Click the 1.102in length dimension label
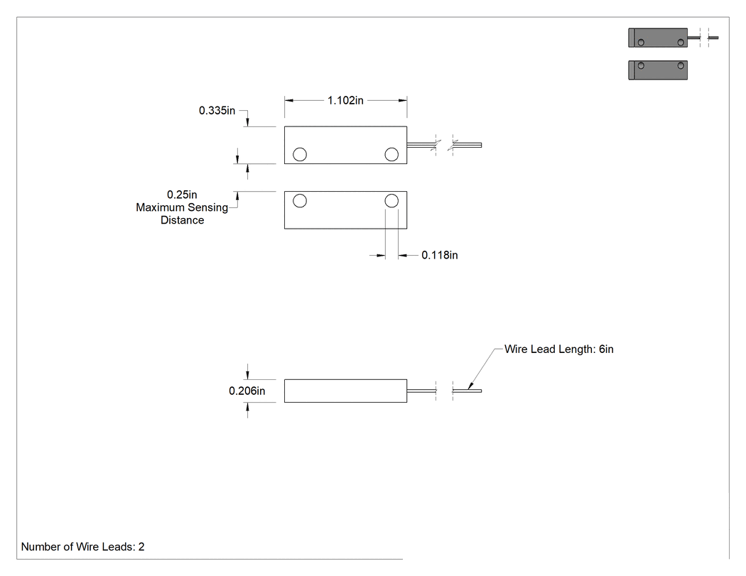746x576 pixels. [345, 100]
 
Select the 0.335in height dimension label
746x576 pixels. [217, 110]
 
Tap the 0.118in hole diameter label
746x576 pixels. [440, 255]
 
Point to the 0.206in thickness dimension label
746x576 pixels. [247, 391]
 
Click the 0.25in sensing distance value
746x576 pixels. [182, 195]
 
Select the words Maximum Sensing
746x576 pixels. [182, 207]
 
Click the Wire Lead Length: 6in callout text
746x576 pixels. [559, 349]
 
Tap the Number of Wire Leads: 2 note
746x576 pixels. [83, 546]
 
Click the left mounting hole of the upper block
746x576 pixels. [300, 154]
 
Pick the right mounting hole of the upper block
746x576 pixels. [391, 154]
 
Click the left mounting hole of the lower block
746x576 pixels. [300, 201]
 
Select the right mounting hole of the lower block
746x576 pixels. [391, 201]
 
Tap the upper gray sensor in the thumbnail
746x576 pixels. [658, 38]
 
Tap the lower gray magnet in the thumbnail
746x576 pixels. [658, 70]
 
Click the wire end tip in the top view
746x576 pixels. [482, 145]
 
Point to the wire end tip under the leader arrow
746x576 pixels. [482, 391]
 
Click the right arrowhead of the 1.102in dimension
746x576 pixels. [403, 100]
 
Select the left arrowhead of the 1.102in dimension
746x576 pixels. [288, 100]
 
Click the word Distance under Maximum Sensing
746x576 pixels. [182, 220]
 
